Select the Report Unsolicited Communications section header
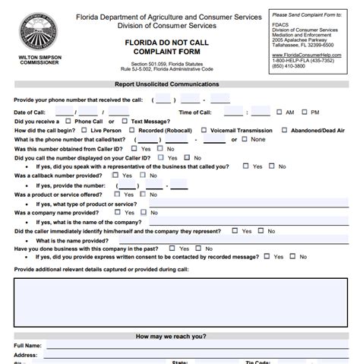166,84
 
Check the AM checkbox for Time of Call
280,112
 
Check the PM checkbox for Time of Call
305,112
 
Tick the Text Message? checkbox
125,121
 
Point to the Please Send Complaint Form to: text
308,14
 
